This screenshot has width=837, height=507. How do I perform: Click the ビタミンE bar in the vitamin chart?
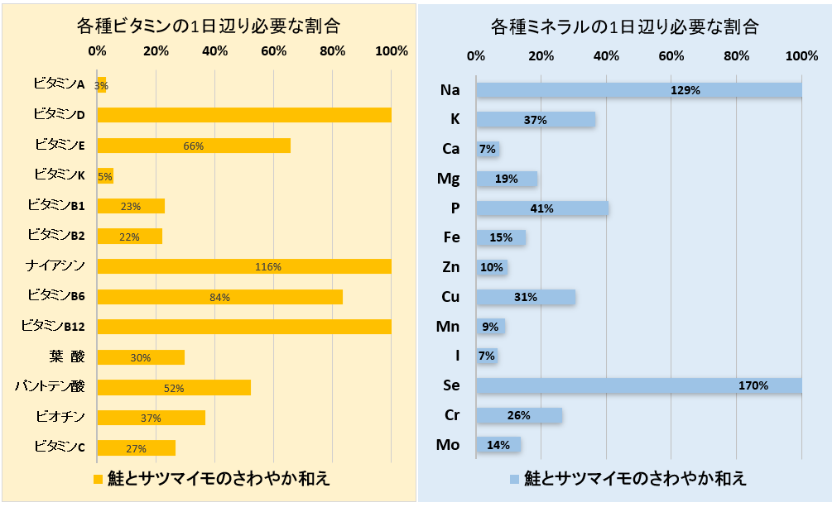click(194, 146)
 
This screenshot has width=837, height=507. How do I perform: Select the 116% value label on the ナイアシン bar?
click(269, 266)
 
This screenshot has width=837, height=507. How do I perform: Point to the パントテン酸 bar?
click(174, 387)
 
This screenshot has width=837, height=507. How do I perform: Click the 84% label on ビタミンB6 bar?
click(220, 297)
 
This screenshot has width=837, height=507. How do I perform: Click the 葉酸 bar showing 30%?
click(141, 357)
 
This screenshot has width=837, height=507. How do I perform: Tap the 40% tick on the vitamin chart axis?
click(214, 50)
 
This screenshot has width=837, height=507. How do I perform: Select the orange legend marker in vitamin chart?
click(97, 479)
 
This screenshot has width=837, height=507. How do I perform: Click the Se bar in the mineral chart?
click(638, 385)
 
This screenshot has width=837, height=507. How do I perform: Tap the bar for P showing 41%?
click(542, 208)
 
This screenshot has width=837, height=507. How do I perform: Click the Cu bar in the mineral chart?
click(526, 297)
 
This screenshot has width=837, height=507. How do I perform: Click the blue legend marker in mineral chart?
click(514, 479)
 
